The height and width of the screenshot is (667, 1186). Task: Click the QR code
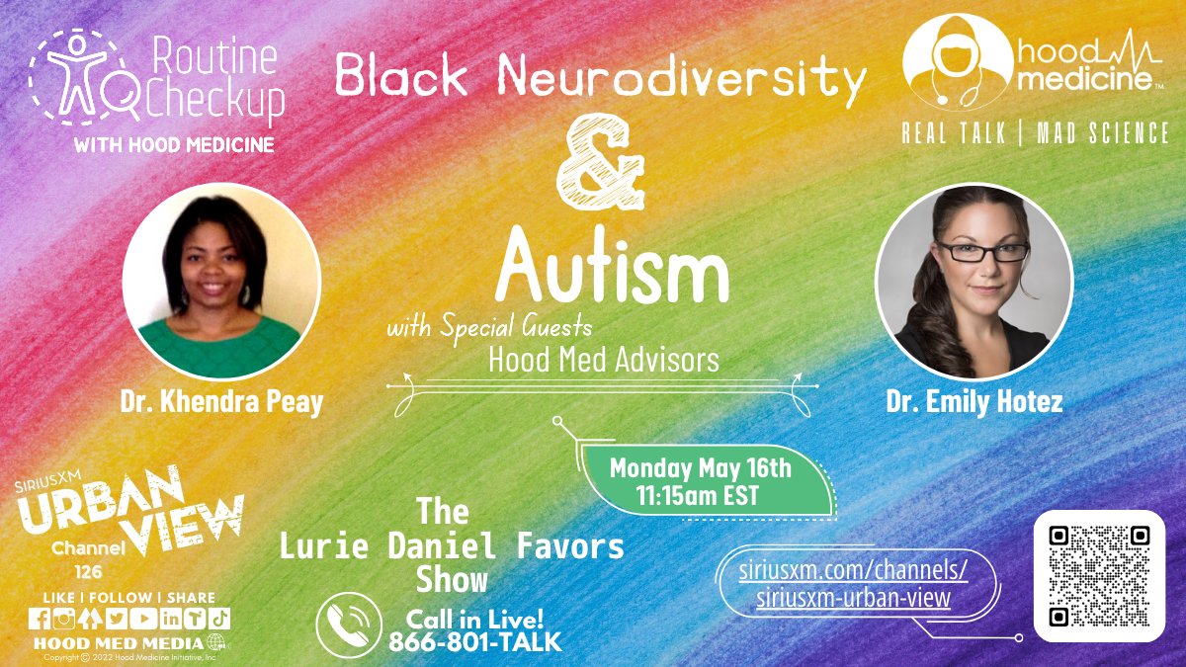(1099, 576)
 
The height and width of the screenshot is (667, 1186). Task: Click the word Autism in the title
(613, 272)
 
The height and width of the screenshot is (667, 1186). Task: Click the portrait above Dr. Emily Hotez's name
(974, 281)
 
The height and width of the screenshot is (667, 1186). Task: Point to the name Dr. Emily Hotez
(974, 403)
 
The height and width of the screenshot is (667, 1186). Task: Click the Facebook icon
(40, 619)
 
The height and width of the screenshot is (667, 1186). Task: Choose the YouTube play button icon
(142, 619)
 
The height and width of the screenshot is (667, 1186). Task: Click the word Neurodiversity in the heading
(682, 77)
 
